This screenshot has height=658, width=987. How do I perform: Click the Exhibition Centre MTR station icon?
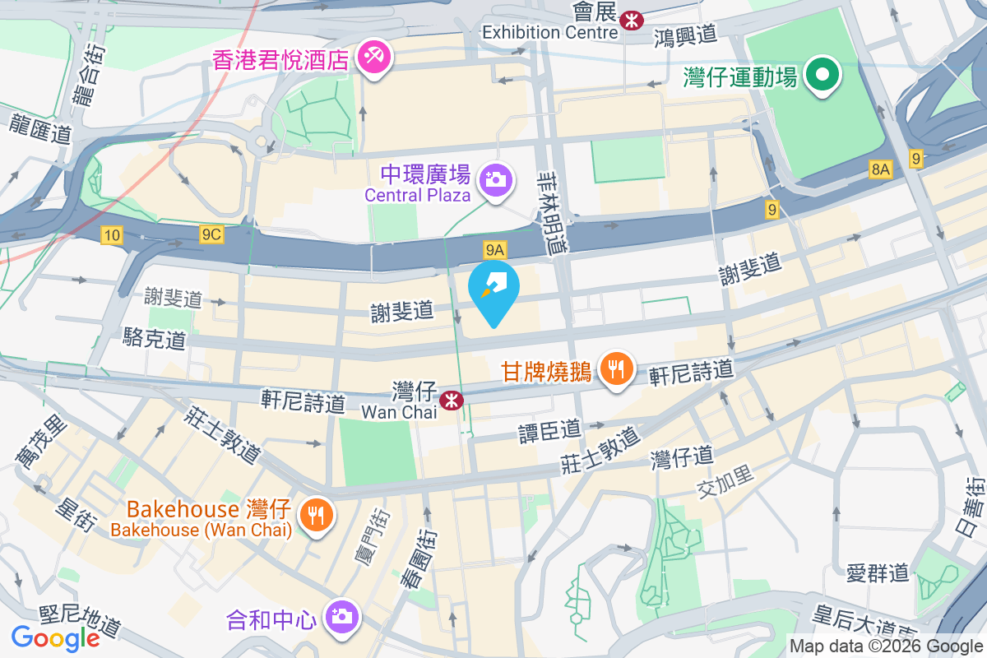(631, 20)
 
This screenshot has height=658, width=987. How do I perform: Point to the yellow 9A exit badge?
(493, 248)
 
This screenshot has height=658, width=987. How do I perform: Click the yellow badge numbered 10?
(113, 236)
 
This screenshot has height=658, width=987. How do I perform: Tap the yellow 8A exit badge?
(880, 169)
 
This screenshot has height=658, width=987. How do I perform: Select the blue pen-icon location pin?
(493, 288)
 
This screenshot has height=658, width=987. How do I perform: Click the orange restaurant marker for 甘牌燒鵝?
(614, 367)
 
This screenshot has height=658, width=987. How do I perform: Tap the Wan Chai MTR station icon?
(450, 400)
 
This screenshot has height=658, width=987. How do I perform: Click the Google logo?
(55, 637)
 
